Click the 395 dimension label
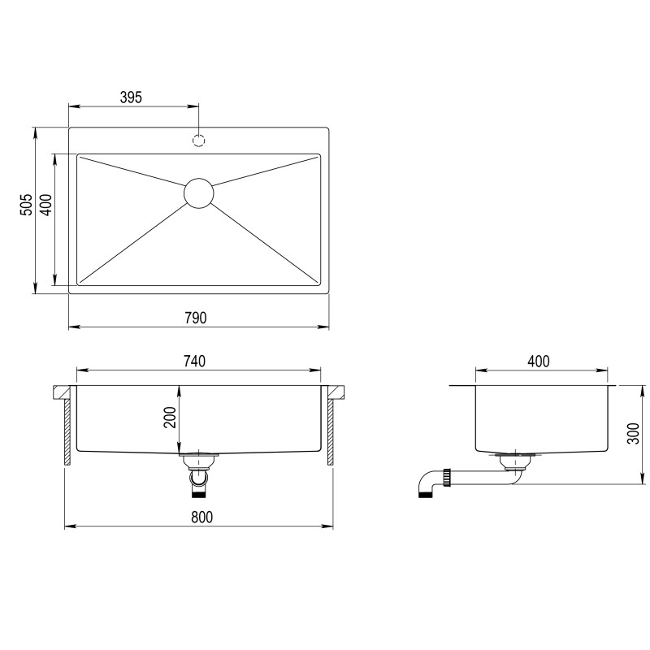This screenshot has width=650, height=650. pos(131,97)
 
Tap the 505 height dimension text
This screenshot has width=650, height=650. pos(26,204)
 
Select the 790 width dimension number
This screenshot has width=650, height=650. pos(196,318)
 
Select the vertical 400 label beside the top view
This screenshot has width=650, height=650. pos(46,205)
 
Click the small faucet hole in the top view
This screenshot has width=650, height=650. pos(199,140)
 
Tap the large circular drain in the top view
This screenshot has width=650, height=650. pos(198,193)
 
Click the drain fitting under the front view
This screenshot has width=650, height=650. pos(197,471)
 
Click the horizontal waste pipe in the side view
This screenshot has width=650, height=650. pos(479,480)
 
